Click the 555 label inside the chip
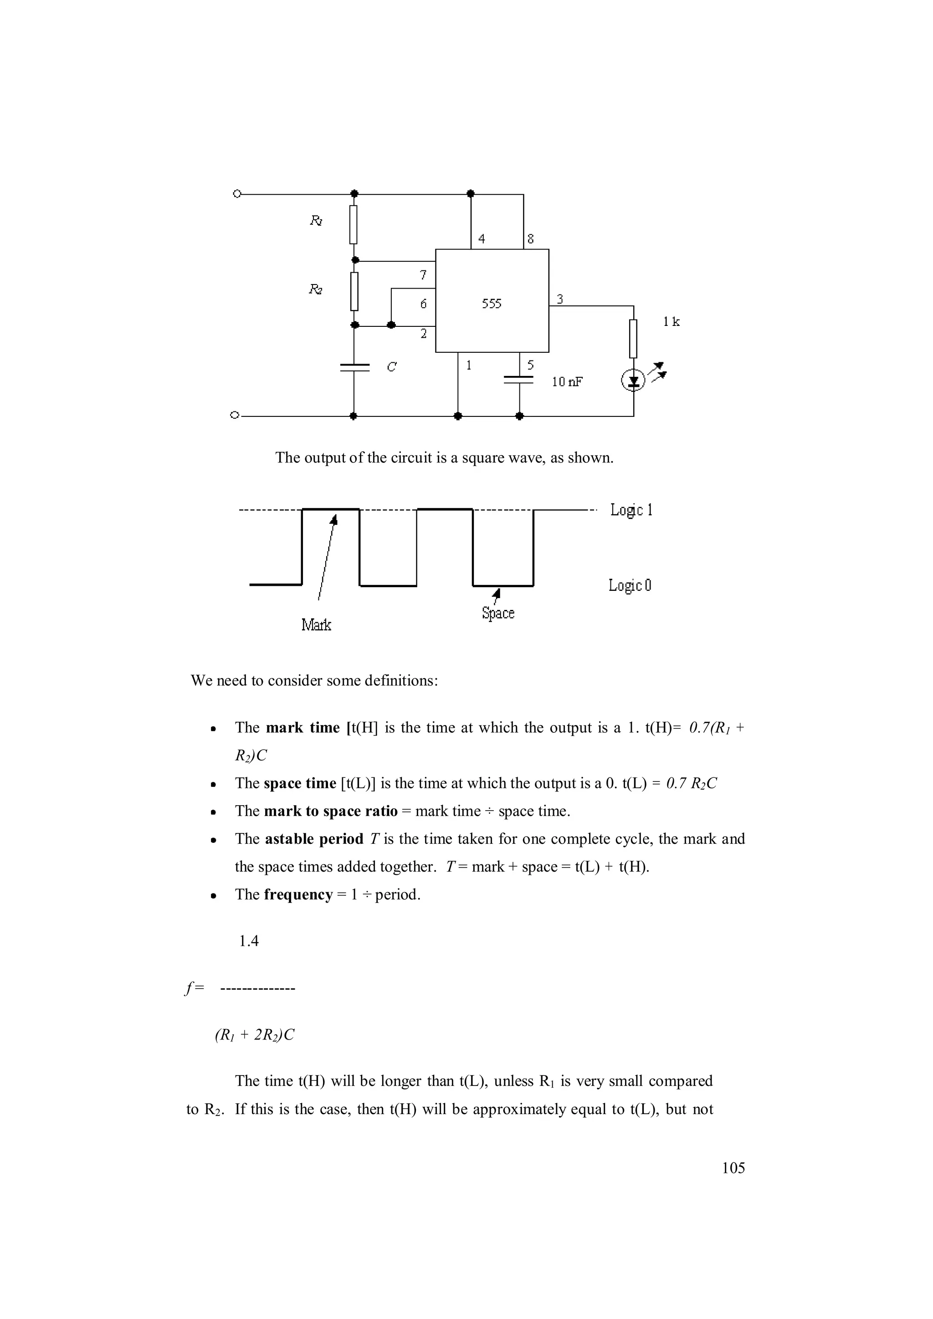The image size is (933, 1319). coord(492,304)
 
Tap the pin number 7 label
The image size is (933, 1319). coord(424,275)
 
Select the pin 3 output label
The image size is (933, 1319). coord(559,299)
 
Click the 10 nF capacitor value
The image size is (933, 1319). coord(567,382)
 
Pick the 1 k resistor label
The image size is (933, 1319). coord(671,322)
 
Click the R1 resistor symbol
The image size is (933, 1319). coord(354,225)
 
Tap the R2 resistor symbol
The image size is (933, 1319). coord(354,291)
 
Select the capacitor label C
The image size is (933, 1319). coord(391,366)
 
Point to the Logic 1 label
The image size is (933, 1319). coord(631,510)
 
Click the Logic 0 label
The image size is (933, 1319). coord(630,585)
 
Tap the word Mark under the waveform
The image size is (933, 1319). coord(316,624)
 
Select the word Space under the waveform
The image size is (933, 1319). coord(498,613)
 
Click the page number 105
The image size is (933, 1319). coord(733,1168)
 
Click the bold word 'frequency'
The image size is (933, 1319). coord(298,894)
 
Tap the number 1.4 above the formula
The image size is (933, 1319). coord(249,940)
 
